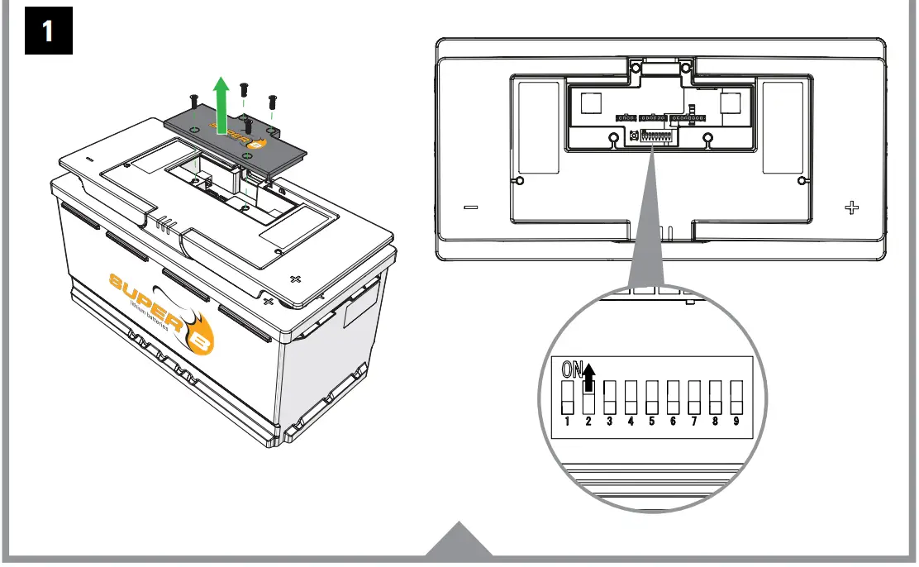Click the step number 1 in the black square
tap(48, 31)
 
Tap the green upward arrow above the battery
tap(221, 103)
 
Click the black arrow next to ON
tap(588, 379)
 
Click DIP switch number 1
tap(569, 398)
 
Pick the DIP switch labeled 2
tap(589, 398)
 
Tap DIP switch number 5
tap(652, 398)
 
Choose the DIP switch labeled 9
tap(736, 398)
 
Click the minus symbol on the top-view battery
tap(470, 207)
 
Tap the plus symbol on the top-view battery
tap(851, 207)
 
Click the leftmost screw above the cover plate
tap(193, 102)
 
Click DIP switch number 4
tap(631, 398)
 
